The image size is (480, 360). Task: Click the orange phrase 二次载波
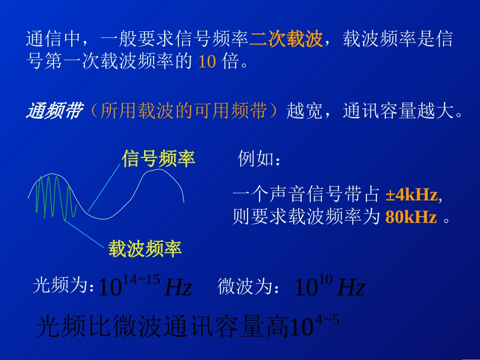coord(286,39)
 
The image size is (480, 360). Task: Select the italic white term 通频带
coord(53,111)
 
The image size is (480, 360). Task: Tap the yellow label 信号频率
coord(158,159)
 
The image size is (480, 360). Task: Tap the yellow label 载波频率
coord(145,248)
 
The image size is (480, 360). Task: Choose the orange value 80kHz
coord(411,217)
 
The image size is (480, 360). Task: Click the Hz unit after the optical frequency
coord(178,288)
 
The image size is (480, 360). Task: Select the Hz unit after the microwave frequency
coord(351,288)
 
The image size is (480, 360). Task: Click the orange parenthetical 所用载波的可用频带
coord(186,112)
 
